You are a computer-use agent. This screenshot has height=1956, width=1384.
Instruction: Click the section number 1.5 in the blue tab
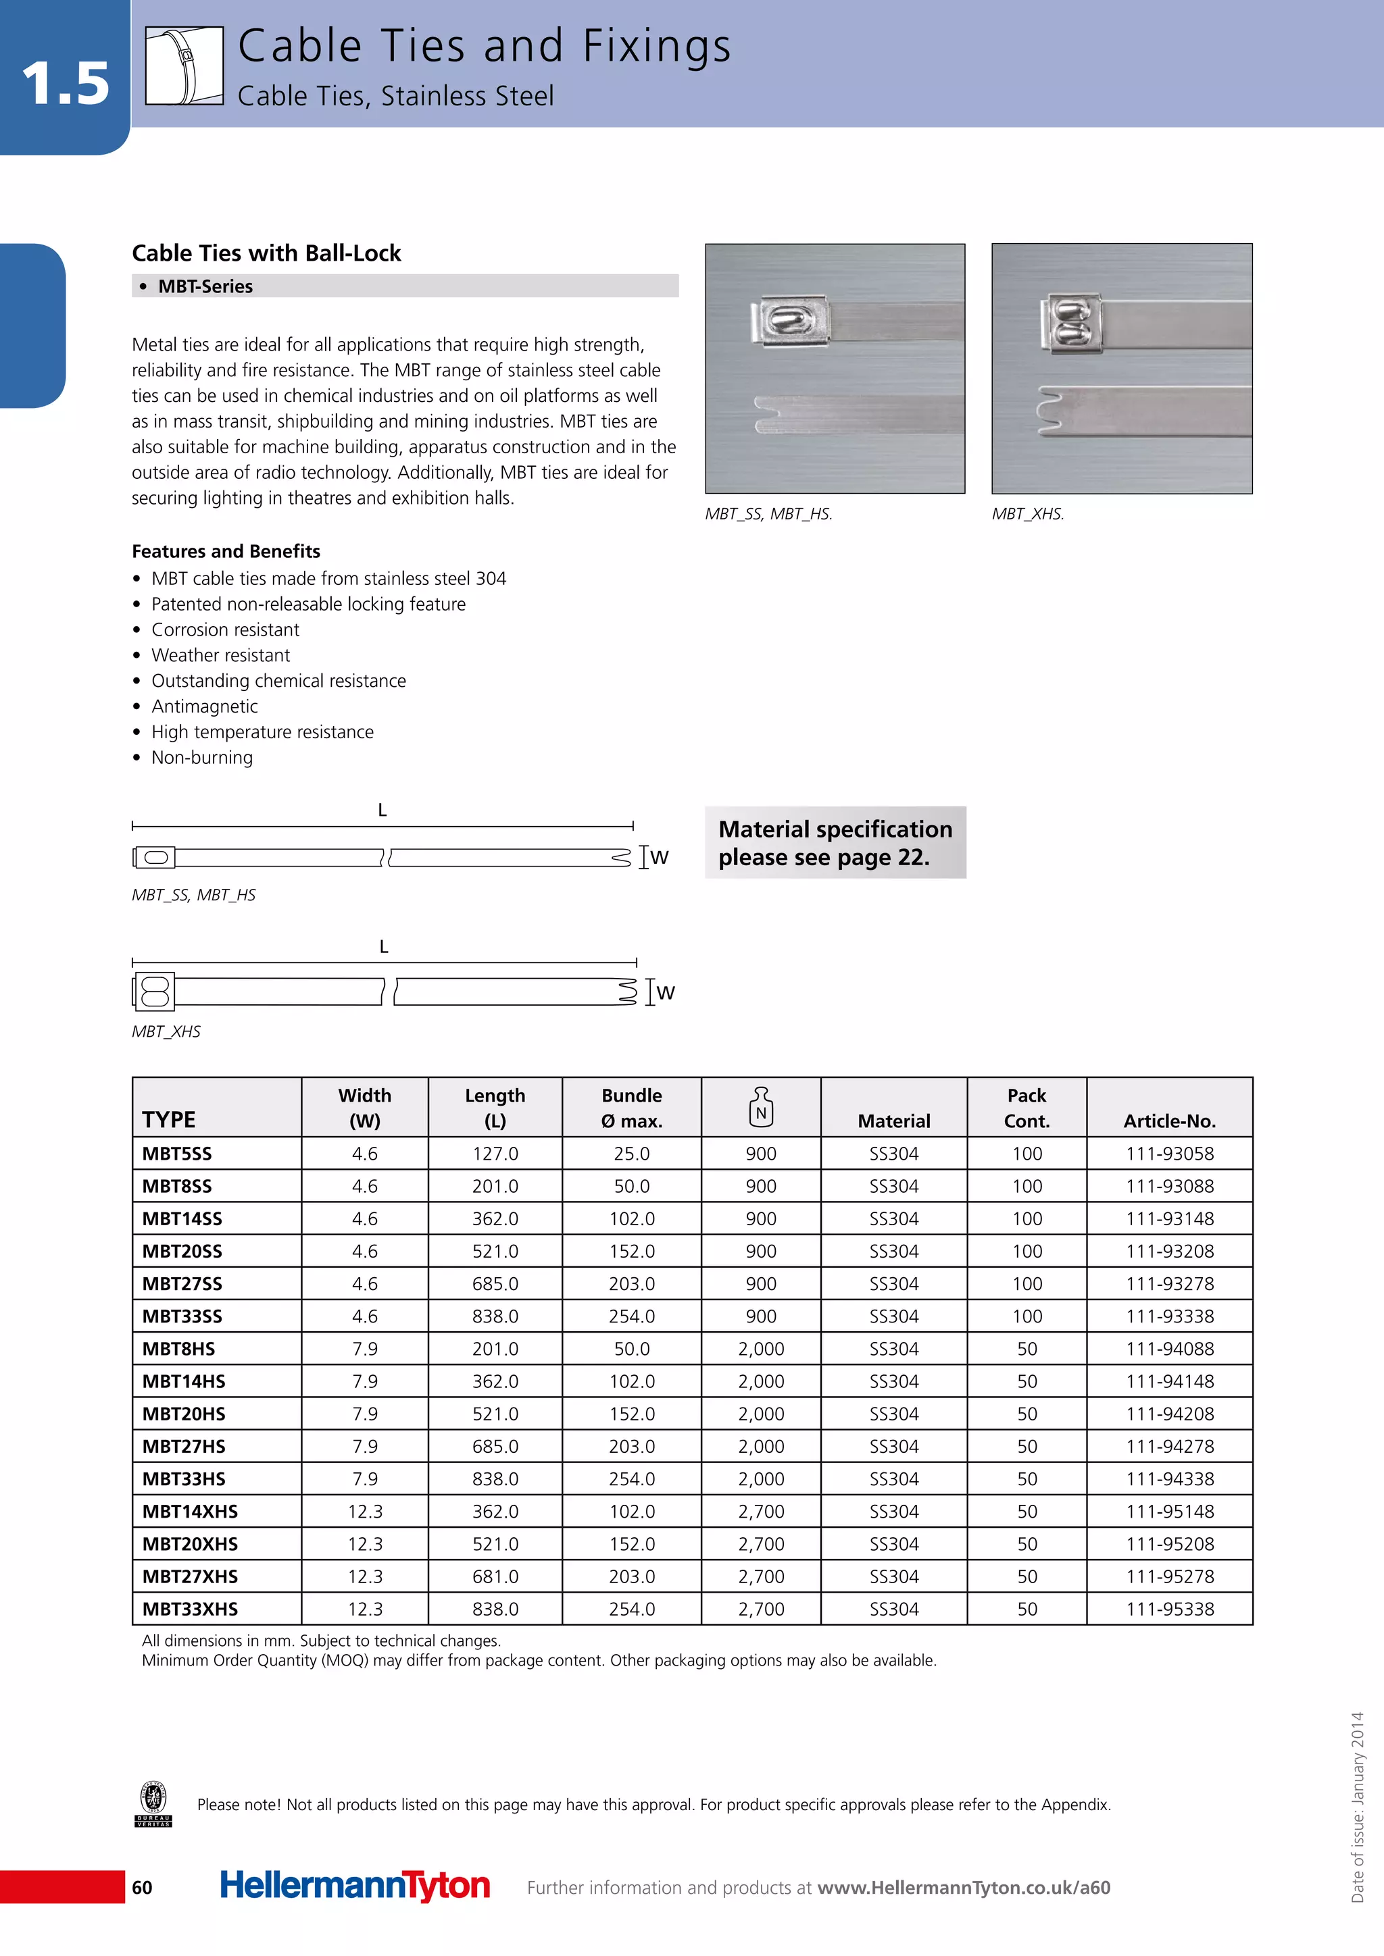point(65,84)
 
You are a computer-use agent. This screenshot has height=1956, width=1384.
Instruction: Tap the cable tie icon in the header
point(184,66)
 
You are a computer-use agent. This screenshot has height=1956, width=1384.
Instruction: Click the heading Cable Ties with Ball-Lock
point(266,253)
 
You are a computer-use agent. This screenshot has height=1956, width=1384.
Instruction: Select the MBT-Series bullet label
point(205,286)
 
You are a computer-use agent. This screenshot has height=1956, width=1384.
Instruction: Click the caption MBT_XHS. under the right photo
point(1028,514)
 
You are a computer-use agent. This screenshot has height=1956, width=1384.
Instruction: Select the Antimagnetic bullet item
point(205,706)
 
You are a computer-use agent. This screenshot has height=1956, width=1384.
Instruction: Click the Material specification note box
point(835,842)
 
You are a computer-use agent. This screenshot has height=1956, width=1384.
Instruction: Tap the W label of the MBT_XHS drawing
point(666,992)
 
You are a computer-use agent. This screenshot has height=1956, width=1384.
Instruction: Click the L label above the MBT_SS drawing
point(382,810)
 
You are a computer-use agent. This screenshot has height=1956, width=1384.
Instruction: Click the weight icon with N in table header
point(761,1106)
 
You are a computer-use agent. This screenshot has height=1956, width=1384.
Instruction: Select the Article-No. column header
point(1169,1121)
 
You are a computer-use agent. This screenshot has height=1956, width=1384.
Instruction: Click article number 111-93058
point(1169,1154)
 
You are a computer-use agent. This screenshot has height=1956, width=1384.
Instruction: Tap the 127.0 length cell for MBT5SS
point(495,1154)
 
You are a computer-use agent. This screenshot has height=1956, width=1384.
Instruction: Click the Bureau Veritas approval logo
point(154,1803)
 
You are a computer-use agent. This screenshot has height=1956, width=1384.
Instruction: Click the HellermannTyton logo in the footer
point(355,1886)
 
